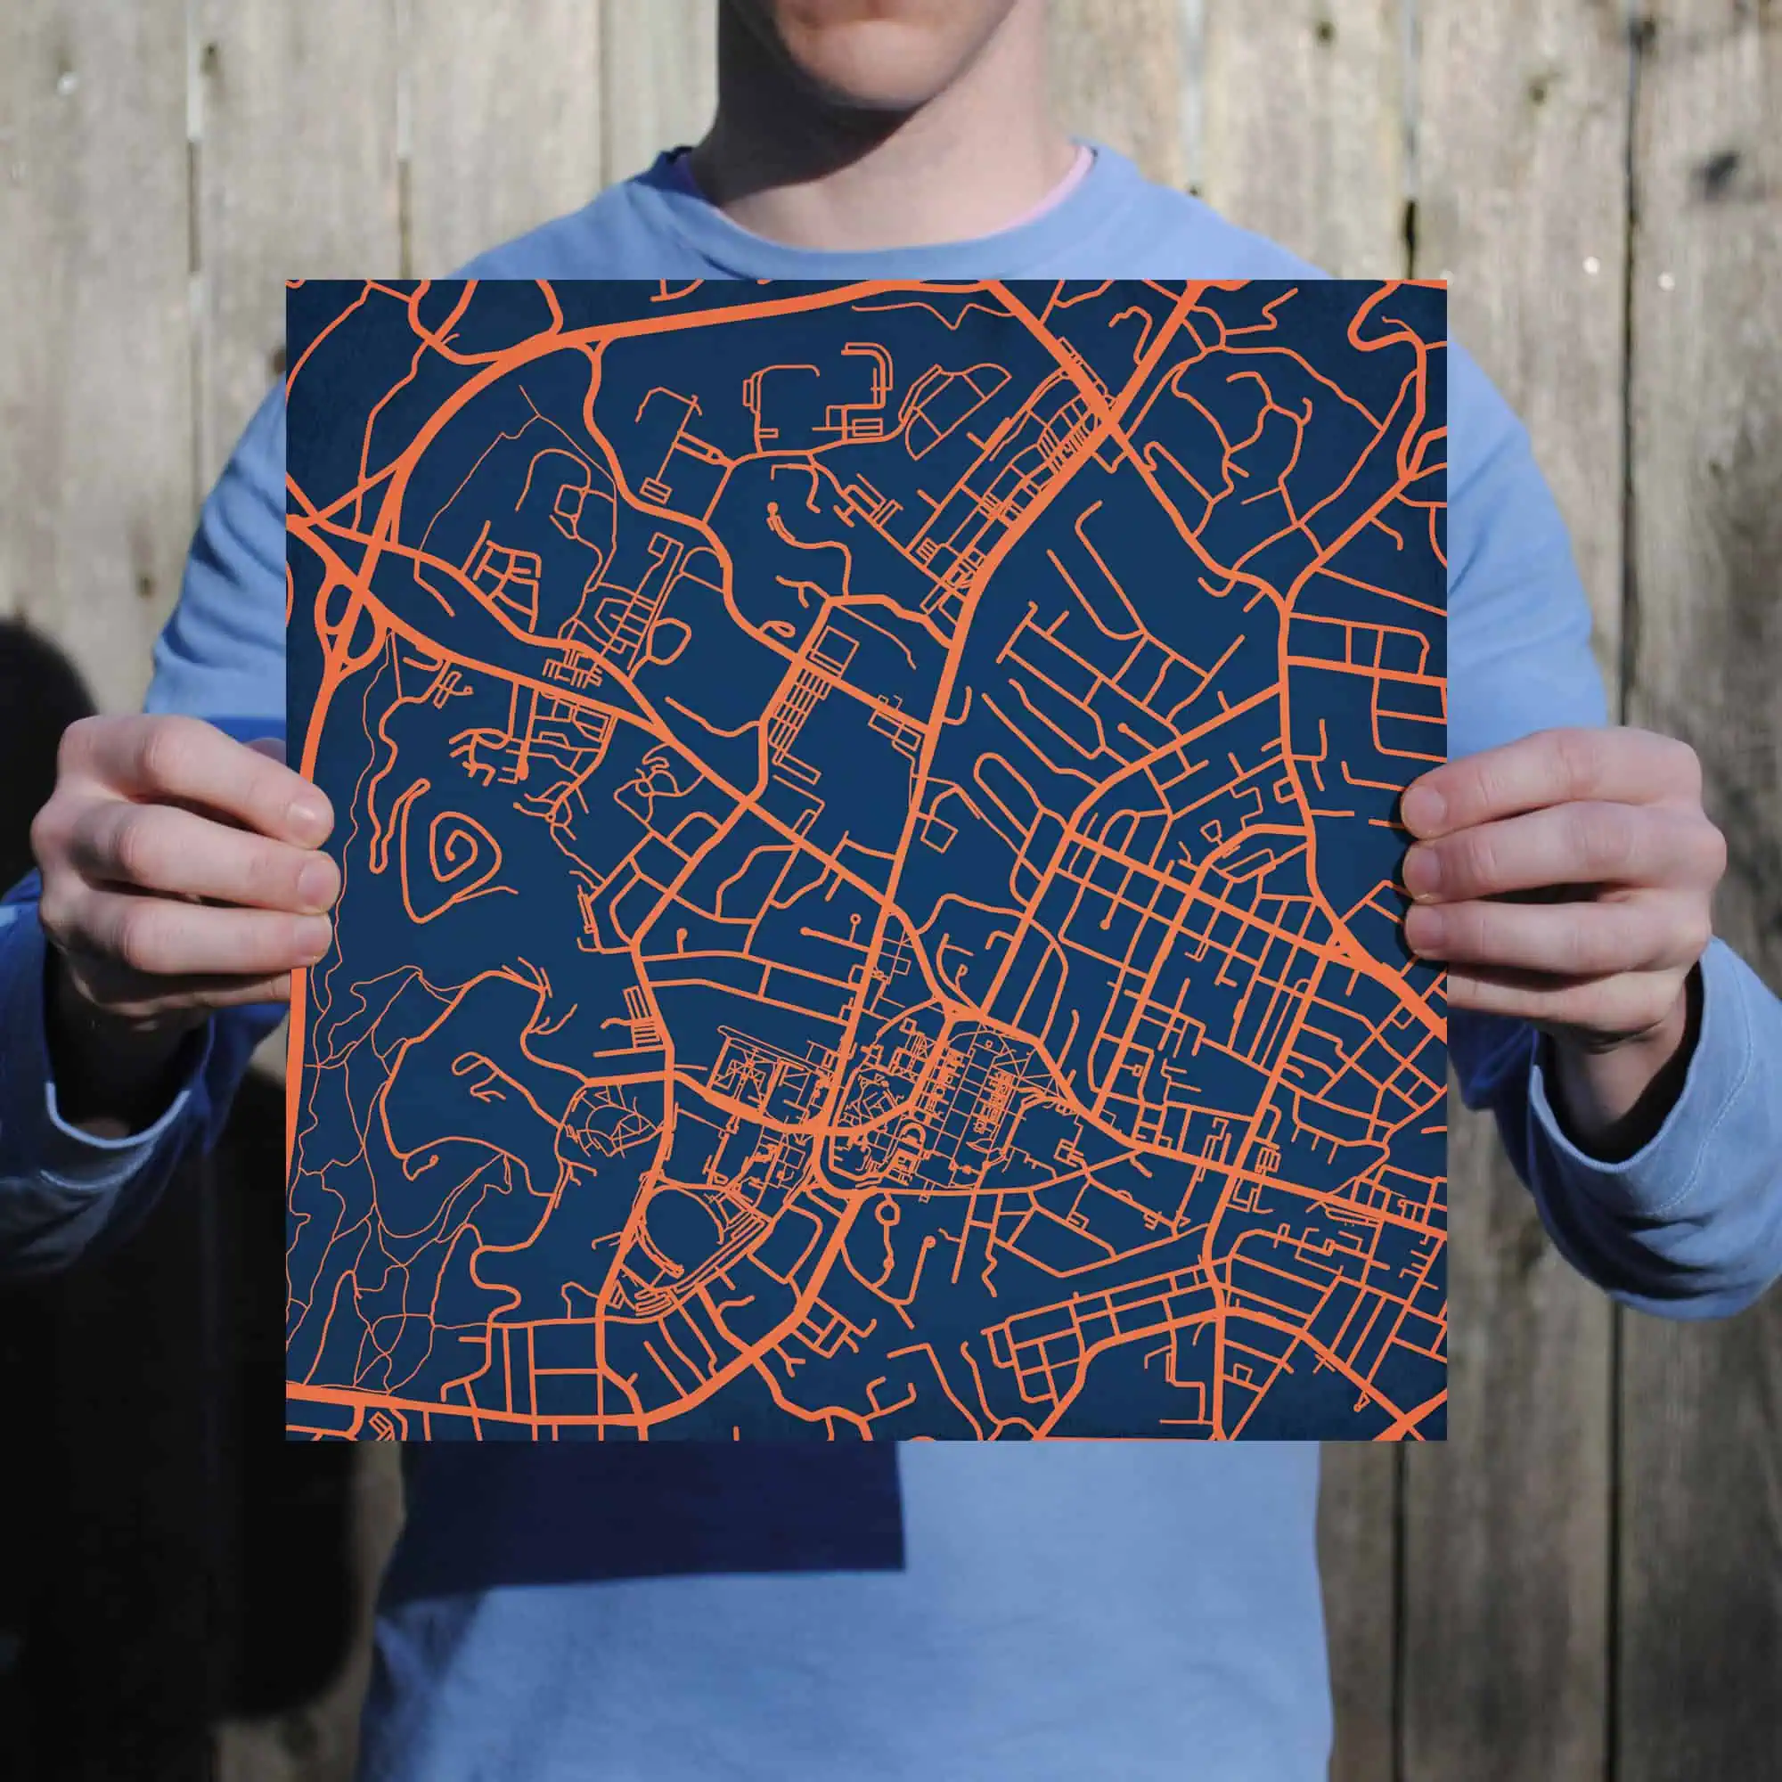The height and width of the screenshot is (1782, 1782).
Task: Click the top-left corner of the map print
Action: point(288,282)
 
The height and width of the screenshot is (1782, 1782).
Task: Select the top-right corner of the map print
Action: point(1444,281)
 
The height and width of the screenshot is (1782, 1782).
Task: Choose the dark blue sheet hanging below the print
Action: point(646,1513)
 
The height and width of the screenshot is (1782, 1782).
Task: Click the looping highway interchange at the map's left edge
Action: point(337,591)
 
